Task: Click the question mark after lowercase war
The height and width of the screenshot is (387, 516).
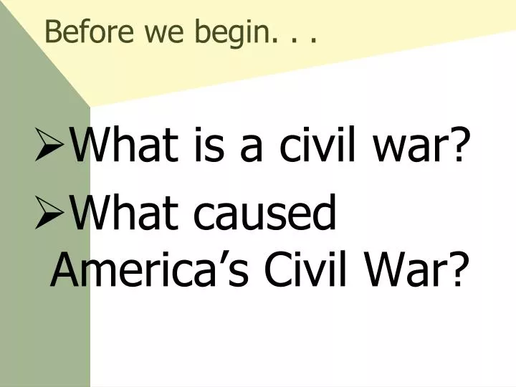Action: (463, 147)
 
